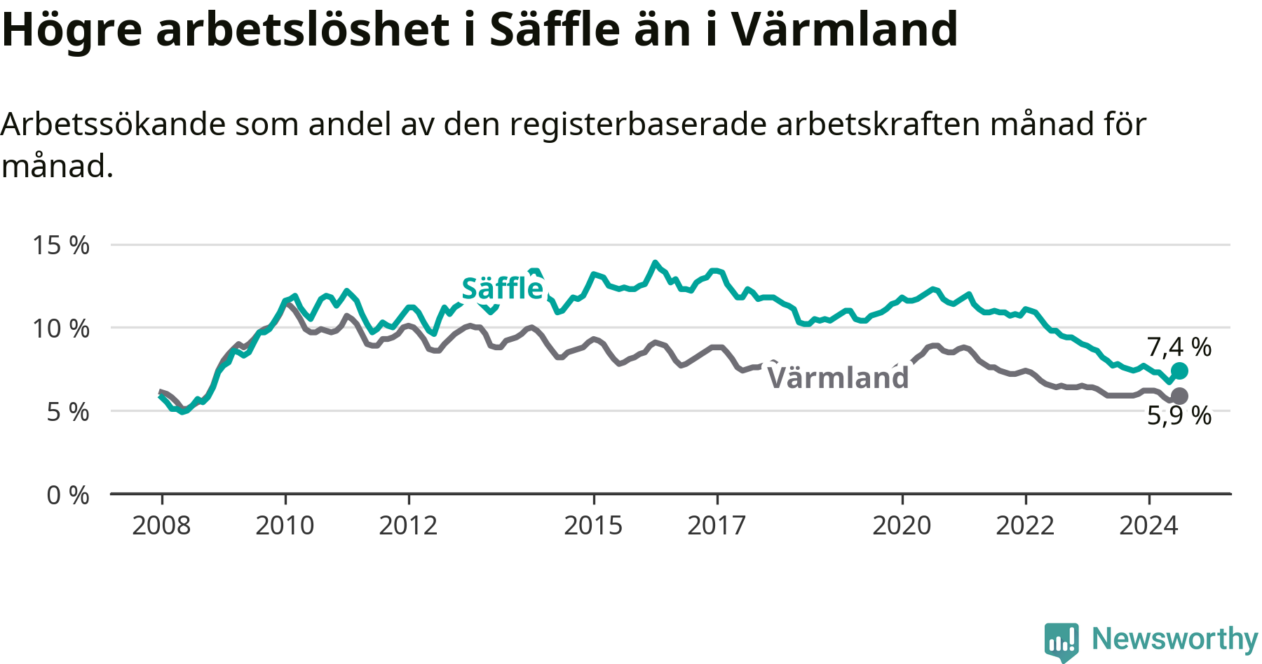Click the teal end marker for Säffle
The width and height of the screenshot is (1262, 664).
point(1179,371)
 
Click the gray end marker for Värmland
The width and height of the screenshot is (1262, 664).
point(1179,396)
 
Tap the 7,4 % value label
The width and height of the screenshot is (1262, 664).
point(1179,347)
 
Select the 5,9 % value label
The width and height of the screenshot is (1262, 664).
point(1179,415)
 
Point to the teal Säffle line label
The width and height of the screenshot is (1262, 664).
point(503,288)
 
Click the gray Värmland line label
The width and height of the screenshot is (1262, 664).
point(838,378)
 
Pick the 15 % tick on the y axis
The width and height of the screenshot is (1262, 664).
point(61,245)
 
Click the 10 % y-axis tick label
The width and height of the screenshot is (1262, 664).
point(61,328)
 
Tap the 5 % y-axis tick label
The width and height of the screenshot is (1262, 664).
point(68,412)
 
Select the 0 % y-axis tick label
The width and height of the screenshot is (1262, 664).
point(68,495)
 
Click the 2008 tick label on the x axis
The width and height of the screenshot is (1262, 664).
point(161,525)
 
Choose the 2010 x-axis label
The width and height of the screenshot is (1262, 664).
point(285,525)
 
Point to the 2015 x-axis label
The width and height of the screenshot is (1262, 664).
point(593,525)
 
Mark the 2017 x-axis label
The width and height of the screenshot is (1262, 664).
point(717,525)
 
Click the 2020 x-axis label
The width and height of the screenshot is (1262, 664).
point(902,525)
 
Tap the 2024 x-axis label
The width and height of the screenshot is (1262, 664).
point(1148,525)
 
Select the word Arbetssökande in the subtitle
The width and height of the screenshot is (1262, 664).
point(114,125)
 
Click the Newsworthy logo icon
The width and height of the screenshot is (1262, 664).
point(1061,642)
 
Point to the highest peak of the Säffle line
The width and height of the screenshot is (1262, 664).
point(656,263)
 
